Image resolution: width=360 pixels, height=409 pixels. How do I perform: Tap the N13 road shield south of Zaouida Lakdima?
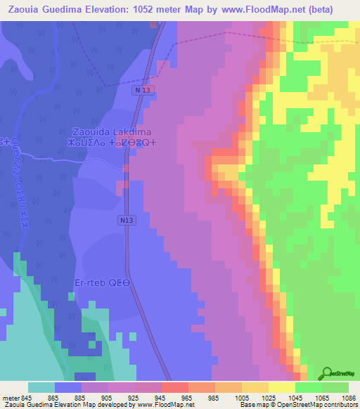coord(126,221)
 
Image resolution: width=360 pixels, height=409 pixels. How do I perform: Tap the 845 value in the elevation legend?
coord(30,397)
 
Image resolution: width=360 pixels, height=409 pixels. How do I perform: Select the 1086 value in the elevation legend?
coord(340,397)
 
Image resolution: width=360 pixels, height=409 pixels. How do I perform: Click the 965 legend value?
coord(186,397)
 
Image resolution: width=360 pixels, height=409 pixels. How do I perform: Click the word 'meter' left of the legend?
coord(11,397)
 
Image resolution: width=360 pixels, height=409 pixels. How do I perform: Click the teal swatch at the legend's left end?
coord(41,387)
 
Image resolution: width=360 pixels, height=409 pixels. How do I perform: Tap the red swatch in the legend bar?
coord(174,387)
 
